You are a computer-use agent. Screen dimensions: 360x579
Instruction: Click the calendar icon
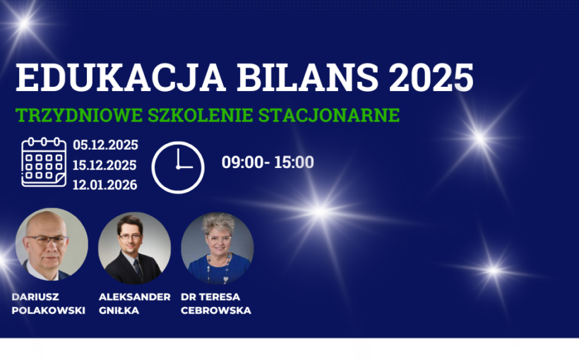tap(44, 163)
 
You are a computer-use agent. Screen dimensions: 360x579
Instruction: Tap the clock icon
tap(178, 167)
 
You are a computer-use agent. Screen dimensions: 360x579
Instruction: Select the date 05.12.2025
tap(105, 145)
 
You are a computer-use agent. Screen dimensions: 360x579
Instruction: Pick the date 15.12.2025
tap(105, 165)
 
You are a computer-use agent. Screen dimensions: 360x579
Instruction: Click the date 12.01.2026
tap(105, 185)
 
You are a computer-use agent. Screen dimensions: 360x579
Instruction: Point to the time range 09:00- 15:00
tap(268, 162)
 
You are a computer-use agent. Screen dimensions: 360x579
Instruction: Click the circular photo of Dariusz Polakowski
tap(52, 245)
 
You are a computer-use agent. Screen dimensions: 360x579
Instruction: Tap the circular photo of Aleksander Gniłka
tap(134, 248)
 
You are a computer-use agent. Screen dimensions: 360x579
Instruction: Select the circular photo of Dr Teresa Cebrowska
tap(217, 248)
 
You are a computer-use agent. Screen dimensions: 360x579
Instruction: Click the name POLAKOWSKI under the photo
tap(49, 311)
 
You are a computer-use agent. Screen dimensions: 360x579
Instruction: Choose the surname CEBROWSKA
tap(216, 311)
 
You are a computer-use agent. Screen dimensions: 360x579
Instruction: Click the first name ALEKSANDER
tap(134, 296)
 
